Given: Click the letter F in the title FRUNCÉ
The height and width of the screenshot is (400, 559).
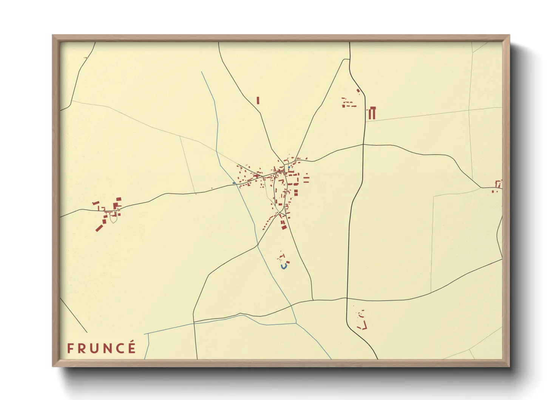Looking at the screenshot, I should point(70,348).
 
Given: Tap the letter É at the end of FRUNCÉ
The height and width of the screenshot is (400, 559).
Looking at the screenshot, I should point(131,347).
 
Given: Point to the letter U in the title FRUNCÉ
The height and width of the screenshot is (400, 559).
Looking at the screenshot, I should point(94,348).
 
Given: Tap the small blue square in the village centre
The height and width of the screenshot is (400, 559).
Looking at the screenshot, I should point(289,167).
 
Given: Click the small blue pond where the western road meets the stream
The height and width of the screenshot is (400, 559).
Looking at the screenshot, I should point(234,183).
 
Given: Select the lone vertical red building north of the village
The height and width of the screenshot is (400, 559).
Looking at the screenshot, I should point(258,101).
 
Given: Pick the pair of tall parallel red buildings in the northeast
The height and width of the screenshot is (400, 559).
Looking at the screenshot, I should point(372,113).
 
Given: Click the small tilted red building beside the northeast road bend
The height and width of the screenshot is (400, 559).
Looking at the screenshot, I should point(358,91).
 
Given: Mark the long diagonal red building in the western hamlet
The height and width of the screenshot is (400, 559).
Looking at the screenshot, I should point(99,228).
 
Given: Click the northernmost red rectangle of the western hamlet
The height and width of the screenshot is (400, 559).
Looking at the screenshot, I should point(119,199).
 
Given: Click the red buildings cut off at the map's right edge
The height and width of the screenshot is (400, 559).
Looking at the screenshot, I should point(499,184).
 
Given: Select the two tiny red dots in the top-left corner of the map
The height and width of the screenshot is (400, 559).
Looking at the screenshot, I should point(85,58).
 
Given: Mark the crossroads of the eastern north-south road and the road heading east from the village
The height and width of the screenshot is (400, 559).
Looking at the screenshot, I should point(363,144).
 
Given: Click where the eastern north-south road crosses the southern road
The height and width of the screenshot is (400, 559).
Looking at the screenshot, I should point(347,299).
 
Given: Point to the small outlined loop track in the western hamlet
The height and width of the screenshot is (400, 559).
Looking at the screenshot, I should point(113,217).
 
